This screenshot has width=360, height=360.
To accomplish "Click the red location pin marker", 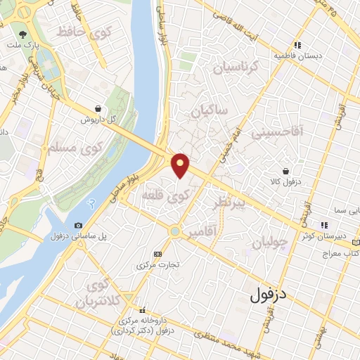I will (181, 165).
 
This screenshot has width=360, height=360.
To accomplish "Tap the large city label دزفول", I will (269, 295).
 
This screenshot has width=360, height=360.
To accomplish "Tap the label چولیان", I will (269, 243).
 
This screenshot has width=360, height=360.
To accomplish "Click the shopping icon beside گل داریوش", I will (96, 109).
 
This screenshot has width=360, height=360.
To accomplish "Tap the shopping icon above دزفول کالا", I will (285, 171).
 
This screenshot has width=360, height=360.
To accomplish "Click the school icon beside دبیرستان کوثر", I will (323, 225).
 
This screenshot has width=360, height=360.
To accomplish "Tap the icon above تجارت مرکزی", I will (157, 254).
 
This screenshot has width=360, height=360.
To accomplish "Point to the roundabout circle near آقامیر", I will (174, 230).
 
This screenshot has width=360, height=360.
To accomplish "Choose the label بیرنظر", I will (229, 203).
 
